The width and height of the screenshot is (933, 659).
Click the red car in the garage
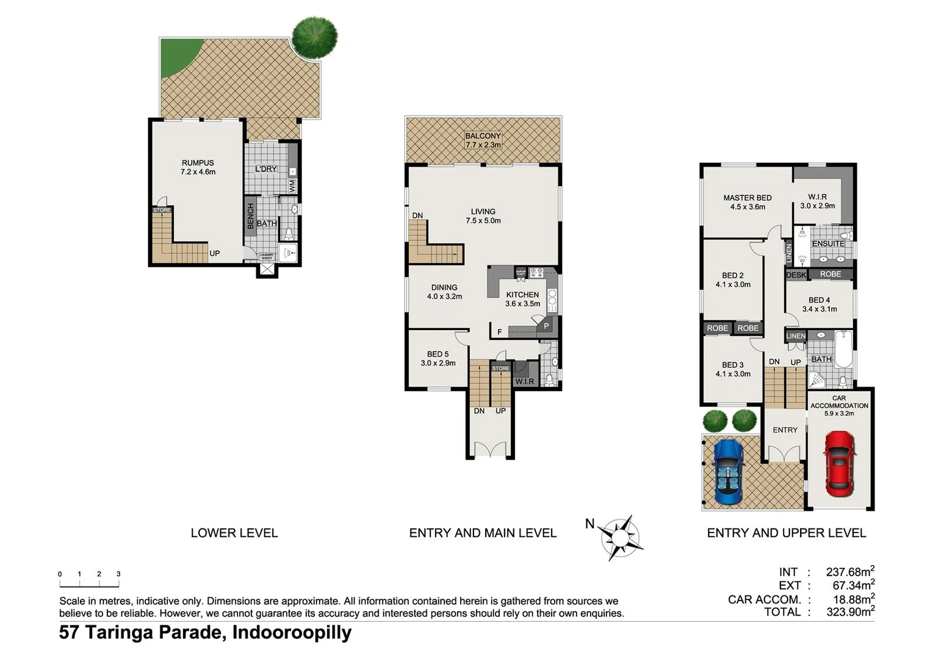point(840,464)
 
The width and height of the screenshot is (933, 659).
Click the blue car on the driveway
point(728,472)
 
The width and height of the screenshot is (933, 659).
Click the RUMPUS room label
point(198,167)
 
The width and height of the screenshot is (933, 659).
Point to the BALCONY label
point(483,140)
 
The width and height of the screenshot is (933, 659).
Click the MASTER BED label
point(747,202)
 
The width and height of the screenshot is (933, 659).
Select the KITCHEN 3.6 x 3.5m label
point(522,299)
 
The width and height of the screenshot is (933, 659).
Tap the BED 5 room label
point(438,358)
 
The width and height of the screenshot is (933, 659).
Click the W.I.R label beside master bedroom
point(817,201)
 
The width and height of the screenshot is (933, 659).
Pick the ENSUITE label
point(828,243)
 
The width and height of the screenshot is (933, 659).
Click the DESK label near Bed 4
point(796,275)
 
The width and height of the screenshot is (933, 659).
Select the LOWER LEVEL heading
point(234,533)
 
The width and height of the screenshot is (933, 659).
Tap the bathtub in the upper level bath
point(843,349)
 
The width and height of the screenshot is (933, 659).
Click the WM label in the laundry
point(292,185)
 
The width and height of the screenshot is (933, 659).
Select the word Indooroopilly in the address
point(292,632)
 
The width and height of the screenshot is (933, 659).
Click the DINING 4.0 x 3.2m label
point(444,292)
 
